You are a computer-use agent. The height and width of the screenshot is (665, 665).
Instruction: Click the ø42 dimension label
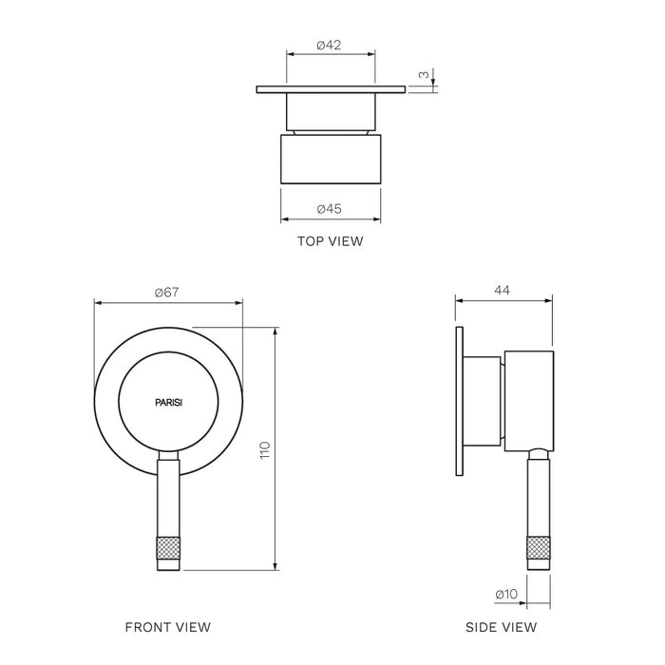[329, 45]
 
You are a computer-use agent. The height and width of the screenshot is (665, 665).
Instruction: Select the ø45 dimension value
[329, 209]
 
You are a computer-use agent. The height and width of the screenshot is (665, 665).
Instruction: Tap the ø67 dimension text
[166, 293]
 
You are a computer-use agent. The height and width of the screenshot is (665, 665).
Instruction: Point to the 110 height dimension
[265, 450]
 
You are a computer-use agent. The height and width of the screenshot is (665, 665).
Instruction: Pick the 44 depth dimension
[503, 290]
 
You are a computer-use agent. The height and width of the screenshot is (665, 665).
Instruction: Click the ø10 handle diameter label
[506, 594]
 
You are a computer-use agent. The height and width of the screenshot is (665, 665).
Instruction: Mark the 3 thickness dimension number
[424, 75]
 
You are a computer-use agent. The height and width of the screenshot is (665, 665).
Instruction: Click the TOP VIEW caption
[331, 241]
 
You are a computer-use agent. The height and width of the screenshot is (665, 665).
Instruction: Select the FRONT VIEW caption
[168, 627]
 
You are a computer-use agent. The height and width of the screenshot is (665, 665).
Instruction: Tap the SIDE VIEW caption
[502, 627]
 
